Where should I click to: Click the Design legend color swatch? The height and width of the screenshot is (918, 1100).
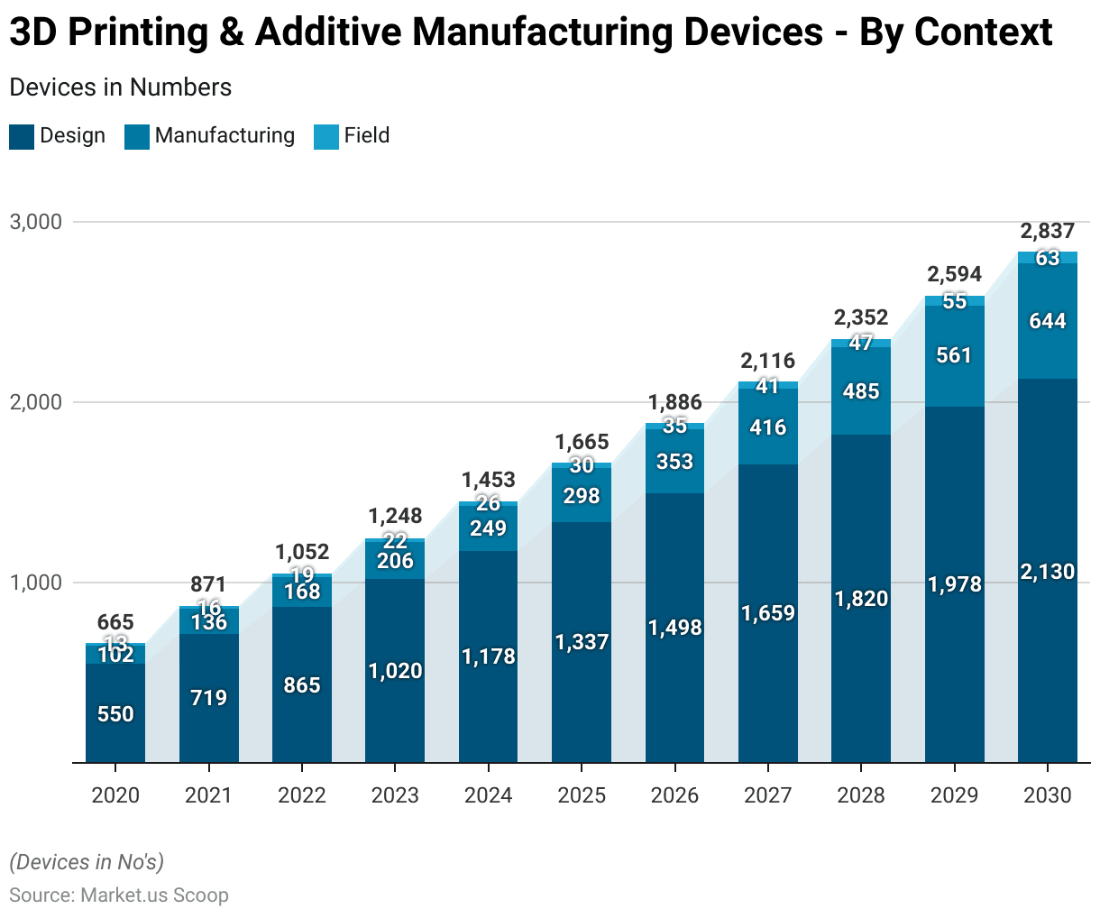(22, 137)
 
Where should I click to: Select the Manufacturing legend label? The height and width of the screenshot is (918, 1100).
(225, 135)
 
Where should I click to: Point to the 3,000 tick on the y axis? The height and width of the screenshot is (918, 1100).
(35, 222)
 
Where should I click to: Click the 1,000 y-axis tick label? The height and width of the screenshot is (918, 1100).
(35, 583)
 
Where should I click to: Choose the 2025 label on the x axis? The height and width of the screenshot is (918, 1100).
(582, 795)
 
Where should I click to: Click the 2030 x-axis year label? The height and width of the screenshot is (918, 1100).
(1048, 795)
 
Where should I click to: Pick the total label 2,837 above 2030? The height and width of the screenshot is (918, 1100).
(1048, 231)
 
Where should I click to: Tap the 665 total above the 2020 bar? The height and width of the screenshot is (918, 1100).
(115, 622)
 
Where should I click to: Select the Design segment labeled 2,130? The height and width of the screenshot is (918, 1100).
(1048, 572)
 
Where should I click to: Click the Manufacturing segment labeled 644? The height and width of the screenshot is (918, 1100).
(1048, 321)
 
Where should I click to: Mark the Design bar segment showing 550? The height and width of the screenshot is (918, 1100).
(115, 714)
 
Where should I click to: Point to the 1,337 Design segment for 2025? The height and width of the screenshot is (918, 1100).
(582, 642)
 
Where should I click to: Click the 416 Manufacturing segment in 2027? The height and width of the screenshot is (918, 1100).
(768, 427)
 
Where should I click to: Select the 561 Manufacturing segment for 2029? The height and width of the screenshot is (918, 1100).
(954, 355)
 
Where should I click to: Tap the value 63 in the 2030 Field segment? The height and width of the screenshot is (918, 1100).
(1048, 258)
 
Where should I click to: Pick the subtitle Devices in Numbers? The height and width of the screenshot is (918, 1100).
(120, 87)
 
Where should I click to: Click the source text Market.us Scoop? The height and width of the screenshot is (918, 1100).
(154, 895)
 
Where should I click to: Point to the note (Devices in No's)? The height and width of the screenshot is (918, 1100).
(87, 862)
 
